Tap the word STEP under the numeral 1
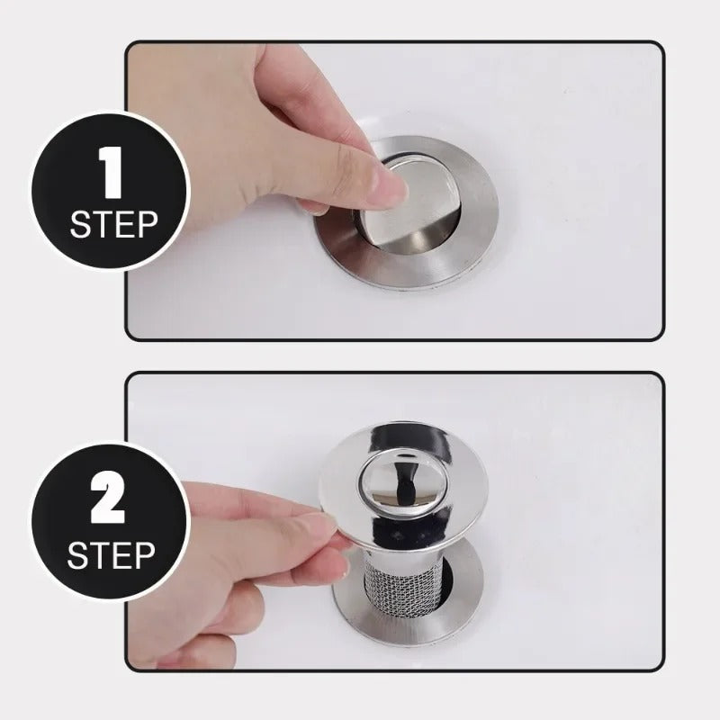112,223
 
